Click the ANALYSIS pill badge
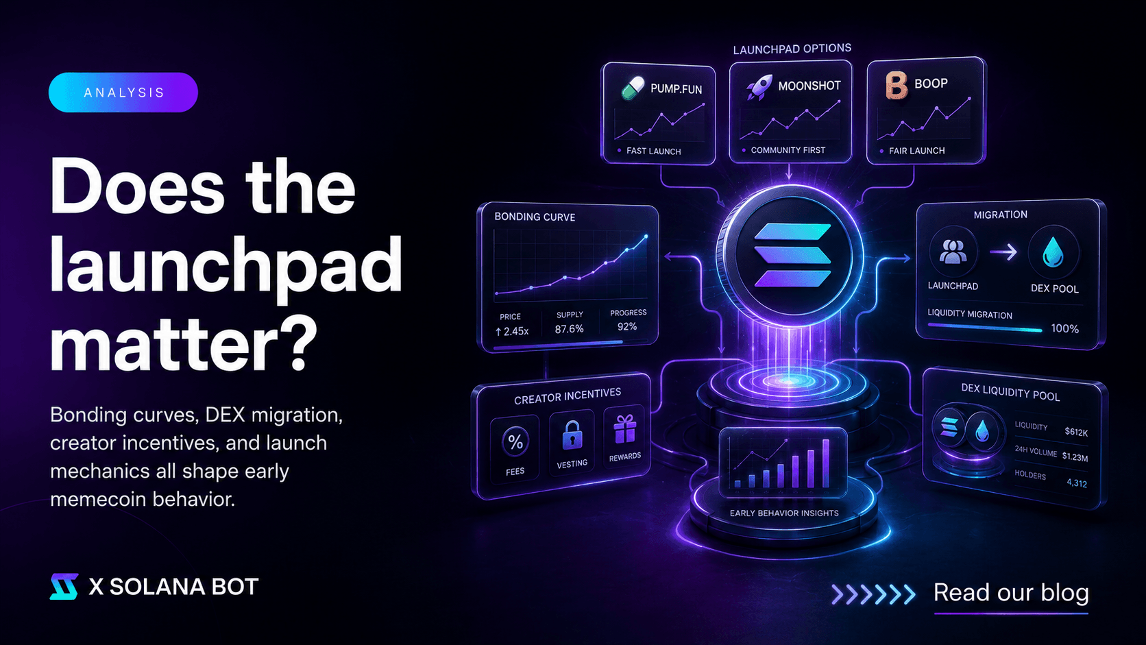click(123, 93)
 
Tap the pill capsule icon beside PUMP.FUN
click(633, 88)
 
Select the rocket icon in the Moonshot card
click(759, 86)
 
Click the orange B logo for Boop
click(897, 85)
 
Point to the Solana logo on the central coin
click(792, 255)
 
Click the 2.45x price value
click(512, 332)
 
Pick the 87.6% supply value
click(570, 329)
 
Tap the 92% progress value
click(627, 326)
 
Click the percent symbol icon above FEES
click(515, 441)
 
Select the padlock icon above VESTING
click(572, 435)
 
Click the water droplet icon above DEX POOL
click(1053, 252)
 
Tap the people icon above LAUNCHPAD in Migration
click(953, 252)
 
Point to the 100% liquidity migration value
click(1064, 329)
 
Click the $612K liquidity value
click(1076, 433)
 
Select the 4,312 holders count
click(1076, 483)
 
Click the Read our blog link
click(1011, 593)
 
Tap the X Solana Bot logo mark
click(64, 586)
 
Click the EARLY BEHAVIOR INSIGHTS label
click(784, 513)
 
